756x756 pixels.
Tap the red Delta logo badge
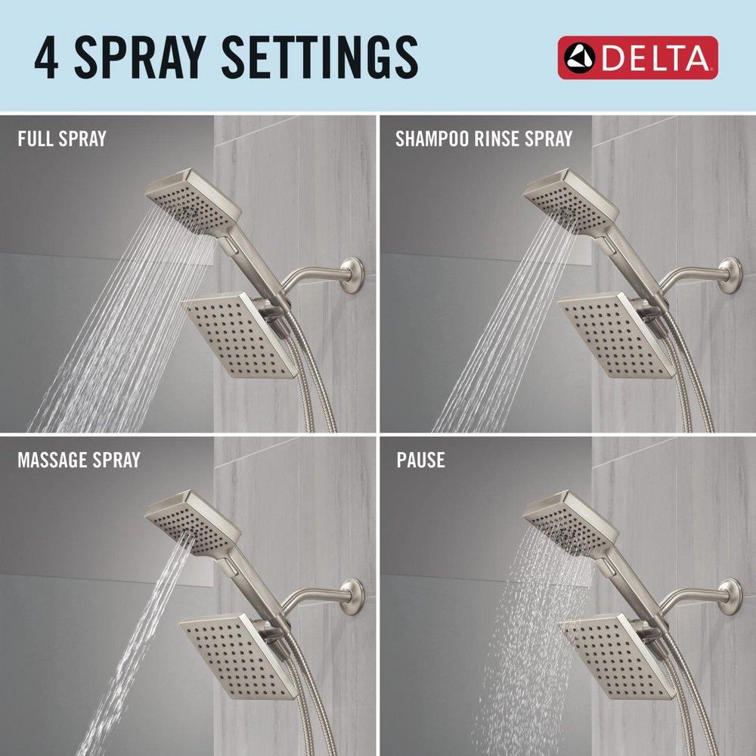tap(637, 57)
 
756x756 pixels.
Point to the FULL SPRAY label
tap(62, 138)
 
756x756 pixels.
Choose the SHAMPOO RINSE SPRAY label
tap(484, 138)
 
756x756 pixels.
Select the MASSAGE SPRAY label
tap(79, 460)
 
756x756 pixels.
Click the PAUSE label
tap(420, 460)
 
